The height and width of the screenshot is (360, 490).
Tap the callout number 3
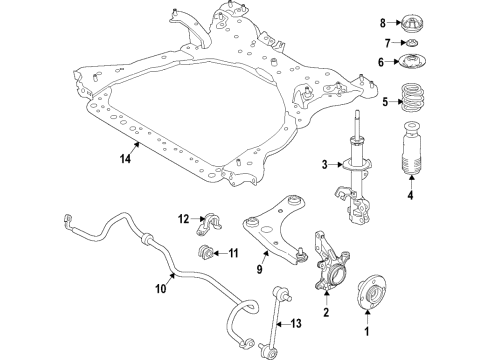pos(323,165)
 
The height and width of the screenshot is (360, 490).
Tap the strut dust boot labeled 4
pos(410,167)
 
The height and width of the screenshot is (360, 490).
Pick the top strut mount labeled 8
pos(411,21)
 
